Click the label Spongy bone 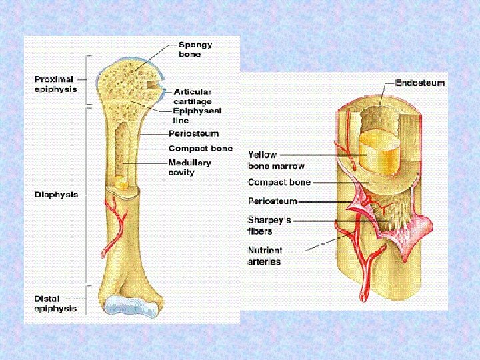coord(195,49)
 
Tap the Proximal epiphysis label coord(55,83)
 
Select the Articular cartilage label coord(193,96)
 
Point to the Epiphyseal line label coord(197,115)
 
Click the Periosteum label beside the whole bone coord(193,134)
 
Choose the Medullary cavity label coord(189,167)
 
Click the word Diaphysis coord(56,195)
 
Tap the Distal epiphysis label coord(55,303)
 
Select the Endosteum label coord(420,83)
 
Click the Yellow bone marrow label coord(276,160)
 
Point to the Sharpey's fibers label coord(269,225)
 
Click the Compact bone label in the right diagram coord(279,182)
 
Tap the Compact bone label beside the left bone coord(201,148)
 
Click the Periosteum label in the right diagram coord(272,200)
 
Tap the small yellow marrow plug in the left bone coord(121,181)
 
